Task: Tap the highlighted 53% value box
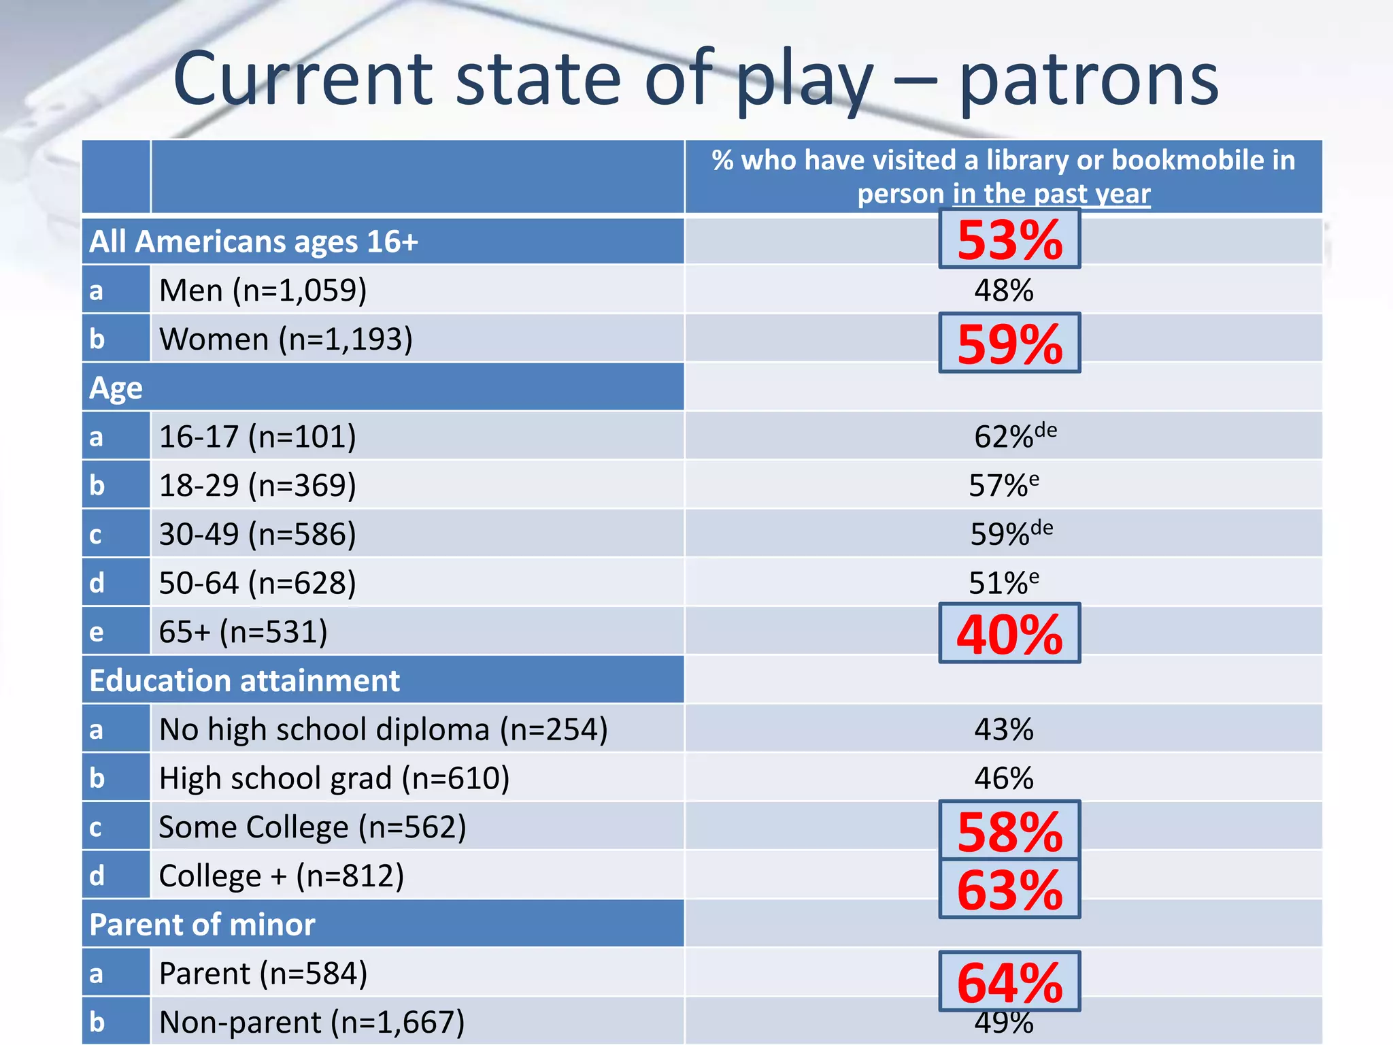[x=1009, y=239]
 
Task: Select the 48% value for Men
[x=1003, y=291]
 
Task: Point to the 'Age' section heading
[x=116, y=388]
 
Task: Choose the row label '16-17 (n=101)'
[x=257, y=437]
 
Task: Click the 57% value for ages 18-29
[x=998, y=486]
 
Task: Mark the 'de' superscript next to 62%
[x=1045, y=430]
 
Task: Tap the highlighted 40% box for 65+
[x=1009, y=633]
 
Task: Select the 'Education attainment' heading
[x=245, y=680]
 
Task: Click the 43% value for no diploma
[x=1003, y=729]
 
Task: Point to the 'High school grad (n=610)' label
[x=334, y=778]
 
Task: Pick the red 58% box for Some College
[x=1009, y=831]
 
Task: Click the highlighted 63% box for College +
[x=1009, y=889]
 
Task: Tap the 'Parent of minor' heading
[x=202, y=925]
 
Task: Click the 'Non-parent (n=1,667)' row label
[x=312, y=1022]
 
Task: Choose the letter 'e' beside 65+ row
[x=97, y=632]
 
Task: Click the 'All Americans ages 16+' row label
[x=254, y=242]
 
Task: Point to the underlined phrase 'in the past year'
[x=1052, y=194]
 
